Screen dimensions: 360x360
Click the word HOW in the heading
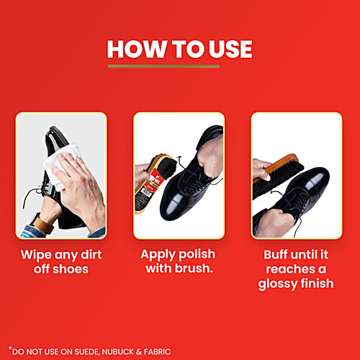[134, 49]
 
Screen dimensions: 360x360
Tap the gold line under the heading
[164, 67]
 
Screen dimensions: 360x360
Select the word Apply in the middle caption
[161, 254]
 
